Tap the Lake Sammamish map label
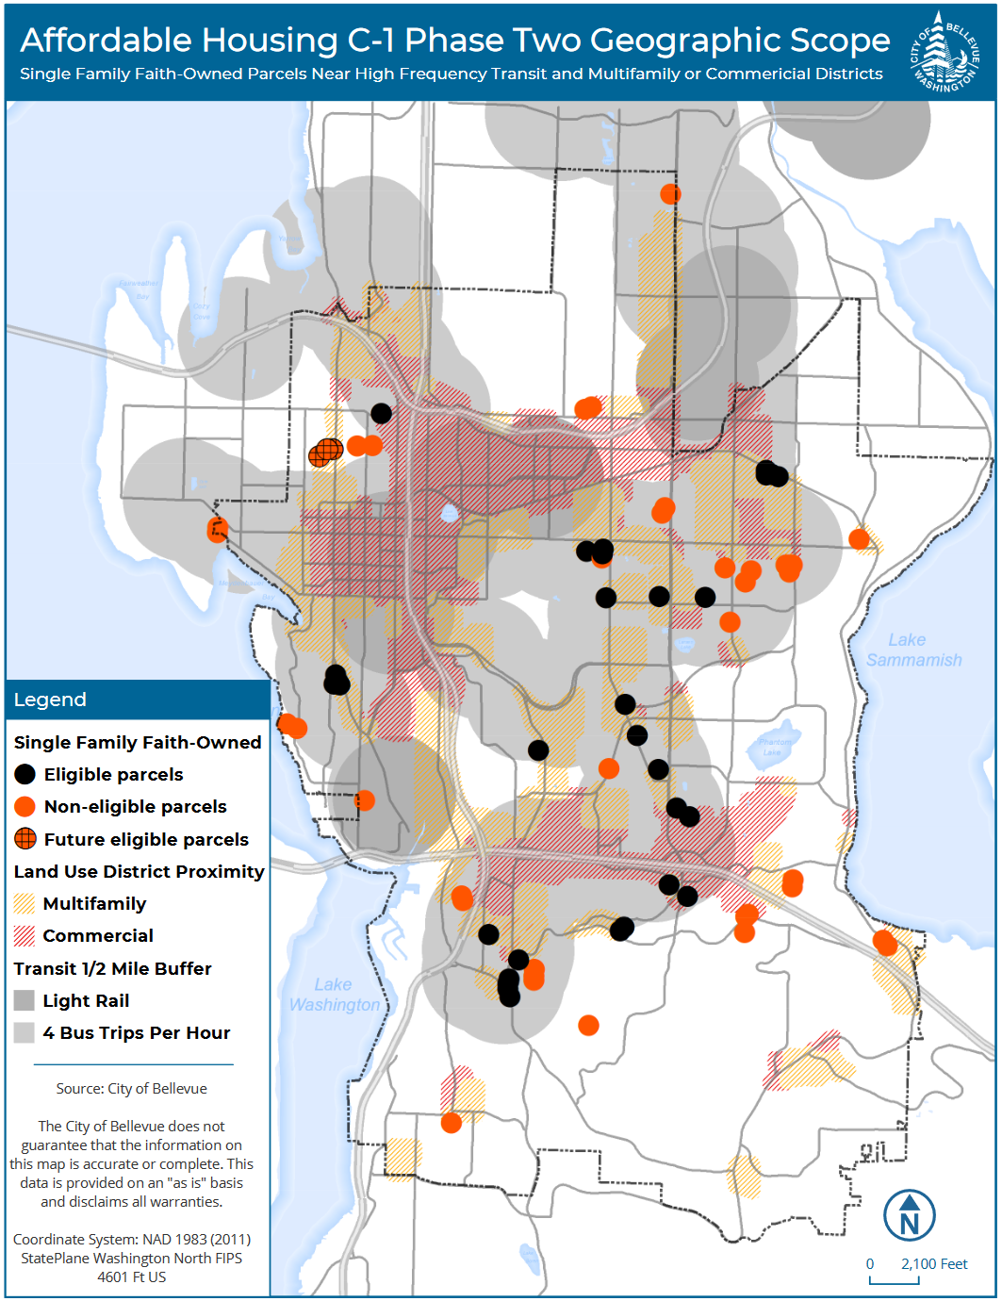[x=913, y=650]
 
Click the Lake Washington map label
[x=334, y=995]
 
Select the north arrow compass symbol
[x=909, y=1215]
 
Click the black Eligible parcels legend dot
[x=25, y=775]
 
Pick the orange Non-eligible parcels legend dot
[x=25, y=807]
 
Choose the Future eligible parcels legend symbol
[x=25, y=839]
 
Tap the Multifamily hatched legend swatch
[x=25, y=903]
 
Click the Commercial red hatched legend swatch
[x=25, y=936]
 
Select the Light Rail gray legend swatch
[x=25, y=1000]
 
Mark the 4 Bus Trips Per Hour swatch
[x=25, y=1032]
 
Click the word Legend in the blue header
[x=50, y=700]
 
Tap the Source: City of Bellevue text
[x=131, y=1088]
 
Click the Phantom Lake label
[x=775, y=747]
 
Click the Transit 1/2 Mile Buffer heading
[x=112, y=968]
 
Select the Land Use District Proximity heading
[x=139, y=871]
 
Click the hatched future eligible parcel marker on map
[x=325, y=453]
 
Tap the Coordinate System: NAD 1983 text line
[x=131, y=1239]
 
